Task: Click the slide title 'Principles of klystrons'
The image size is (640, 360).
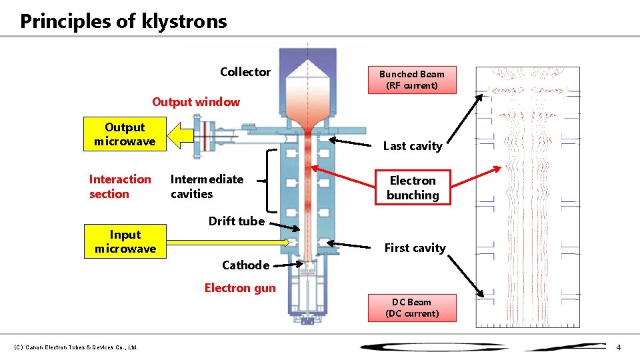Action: [x=123, y=21]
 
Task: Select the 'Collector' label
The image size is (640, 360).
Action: [x=245, y=72]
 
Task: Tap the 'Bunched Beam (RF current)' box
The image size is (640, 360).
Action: [x=412, y=80]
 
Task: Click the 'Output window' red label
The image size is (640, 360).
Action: [x=196, y=102]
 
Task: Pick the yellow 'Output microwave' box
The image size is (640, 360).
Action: [x=125, y=134]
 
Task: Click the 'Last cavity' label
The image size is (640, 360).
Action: [x=413, y=146]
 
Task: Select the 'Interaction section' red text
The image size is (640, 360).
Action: [x=120, y=187]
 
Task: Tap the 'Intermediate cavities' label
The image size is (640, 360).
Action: [x=207, y=187]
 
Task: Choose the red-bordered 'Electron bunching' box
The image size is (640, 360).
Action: [x=413, y=187]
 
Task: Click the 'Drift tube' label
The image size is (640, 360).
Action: [x=236, y=221]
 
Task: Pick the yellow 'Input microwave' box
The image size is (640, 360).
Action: [x=125, y=241]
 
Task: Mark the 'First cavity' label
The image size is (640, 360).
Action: [x=415, y=248]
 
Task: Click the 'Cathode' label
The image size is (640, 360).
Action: [x=245, y=265]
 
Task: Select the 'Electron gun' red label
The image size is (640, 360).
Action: [x=240, y=288]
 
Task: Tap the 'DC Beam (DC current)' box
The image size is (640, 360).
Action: [x=412, y=307]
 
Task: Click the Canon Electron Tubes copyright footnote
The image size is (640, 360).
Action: [x=75, y=347]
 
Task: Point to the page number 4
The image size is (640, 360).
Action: [x=618, y=347]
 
